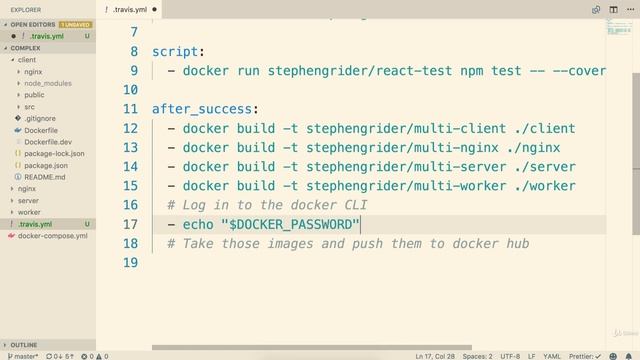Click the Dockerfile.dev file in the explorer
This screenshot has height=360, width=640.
point(47,142)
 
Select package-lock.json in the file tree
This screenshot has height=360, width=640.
point(54,154)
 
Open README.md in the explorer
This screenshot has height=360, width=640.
point(45,177)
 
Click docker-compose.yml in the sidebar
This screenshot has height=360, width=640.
point(53,236)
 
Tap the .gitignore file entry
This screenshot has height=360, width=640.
point(40,119)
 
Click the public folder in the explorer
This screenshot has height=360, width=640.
point(34,95)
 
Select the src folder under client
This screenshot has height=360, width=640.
point(29,107)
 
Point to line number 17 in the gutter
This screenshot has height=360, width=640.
point(130,224)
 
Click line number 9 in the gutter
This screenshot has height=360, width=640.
point(134,71)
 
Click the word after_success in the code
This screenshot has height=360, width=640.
point(190,109)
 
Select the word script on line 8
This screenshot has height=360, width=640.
point(174,51)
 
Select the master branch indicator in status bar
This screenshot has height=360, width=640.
point(22,355)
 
